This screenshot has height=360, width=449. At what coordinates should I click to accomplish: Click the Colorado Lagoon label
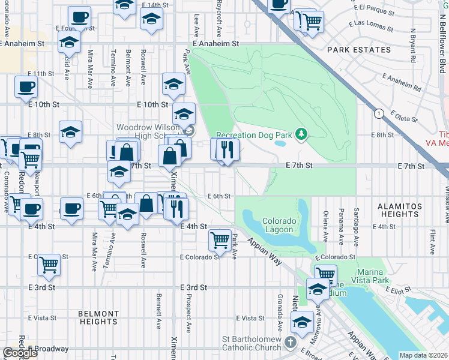[x=278, y=225]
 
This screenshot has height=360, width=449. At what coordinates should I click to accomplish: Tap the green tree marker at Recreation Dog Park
[x=303, y=135]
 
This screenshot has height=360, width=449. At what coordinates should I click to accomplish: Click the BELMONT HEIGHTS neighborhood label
[x=98, y=317]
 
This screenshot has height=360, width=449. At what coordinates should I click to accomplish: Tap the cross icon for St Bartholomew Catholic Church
[x=290, y=343]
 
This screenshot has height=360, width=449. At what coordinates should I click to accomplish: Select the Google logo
[x=20, y=353]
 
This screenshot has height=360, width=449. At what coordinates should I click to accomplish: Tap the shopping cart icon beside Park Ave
[x=220, y=241]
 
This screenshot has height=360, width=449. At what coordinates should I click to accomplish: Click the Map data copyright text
[x=423, y=355]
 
